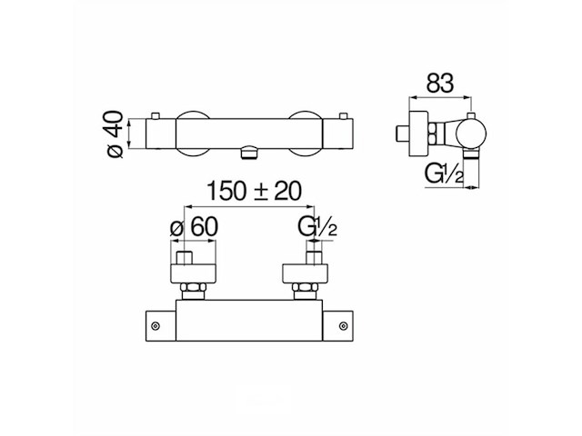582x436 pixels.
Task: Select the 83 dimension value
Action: tap(439, 84)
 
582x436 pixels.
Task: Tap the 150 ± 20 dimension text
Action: tap(253, 191)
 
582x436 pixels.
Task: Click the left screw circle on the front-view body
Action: tap(156, 324)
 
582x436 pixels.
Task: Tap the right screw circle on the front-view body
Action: tap(344, 324)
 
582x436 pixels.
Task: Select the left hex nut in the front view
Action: tap(193, 292)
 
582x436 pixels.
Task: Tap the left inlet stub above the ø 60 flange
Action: tap(186, 256)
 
